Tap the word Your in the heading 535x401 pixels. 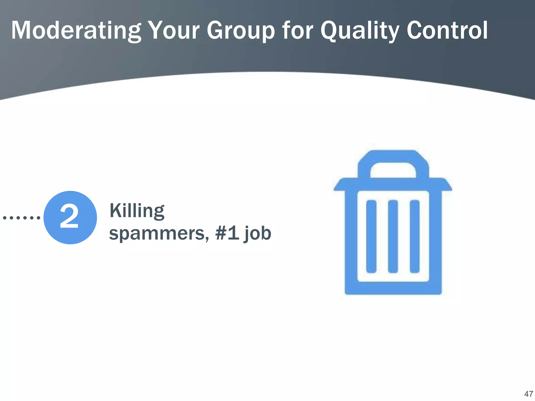point(174,31)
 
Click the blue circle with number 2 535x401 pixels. point(70,217)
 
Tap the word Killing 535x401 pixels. point(137,211)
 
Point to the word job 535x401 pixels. point(258,234)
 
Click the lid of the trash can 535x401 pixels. point(393,184)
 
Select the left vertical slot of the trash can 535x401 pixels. point(371,237)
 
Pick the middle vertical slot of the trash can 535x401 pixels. point(393,237)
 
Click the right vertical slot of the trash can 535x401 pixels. point(415,237)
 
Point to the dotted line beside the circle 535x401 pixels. point(21,217)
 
